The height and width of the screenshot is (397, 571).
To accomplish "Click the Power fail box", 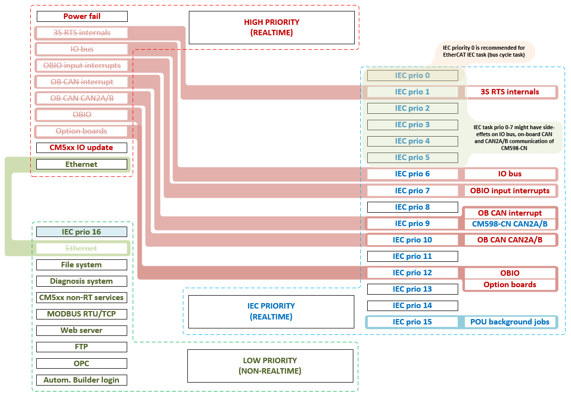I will coord(82,16).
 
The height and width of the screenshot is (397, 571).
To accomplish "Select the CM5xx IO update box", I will coord(82,148).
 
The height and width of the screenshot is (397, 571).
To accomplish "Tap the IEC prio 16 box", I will coord(82,232).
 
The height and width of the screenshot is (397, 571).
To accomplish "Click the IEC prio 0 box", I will coord(412,76).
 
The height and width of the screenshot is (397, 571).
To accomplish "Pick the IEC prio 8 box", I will coord(412,207).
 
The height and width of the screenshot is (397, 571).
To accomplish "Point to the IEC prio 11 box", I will coord(412,256).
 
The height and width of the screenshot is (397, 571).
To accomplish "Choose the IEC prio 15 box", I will coord(412,322).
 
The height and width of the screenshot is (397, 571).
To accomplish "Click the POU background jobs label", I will coord(510,322).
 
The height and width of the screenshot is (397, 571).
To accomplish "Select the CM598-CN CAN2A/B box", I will coord(510,224).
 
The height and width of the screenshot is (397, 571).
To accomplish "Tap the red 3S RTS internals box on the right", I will coord(510,92).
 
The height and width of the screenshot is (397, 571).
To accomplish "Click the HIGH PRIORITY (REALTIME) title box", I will coord(271,28).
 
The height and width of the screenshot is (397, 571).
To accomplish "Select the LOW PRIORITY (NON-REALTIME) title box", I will coord(270,366).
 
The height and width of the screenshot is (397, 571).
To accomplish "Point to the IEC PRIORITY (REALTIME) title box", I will coord(271,312).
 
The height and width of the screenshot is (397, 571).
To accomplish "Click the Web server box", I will coord(82,330).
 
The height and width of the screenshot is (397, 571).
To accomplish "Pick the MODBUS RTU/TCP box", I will coord(82,314).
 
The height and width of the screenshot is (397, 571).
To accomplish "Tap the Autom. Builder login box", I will coord(82,380).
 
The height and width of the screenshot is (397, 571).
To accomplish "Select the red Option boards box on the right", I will coord(510,285).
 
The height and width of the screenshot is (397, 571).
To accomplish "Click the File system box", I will coord(82,265).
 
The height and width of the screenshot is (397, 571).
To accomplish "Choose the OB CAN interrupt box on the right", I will coord(510,213).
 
